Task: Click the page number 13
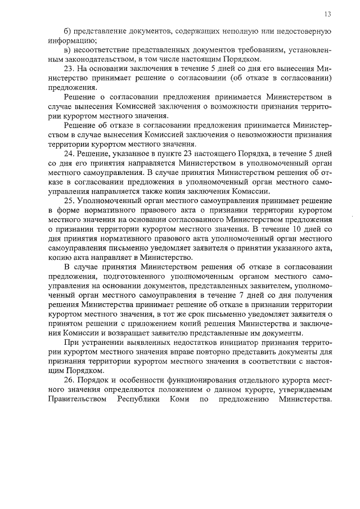point(327,13)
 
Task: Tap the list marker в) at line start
point(67,49)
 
